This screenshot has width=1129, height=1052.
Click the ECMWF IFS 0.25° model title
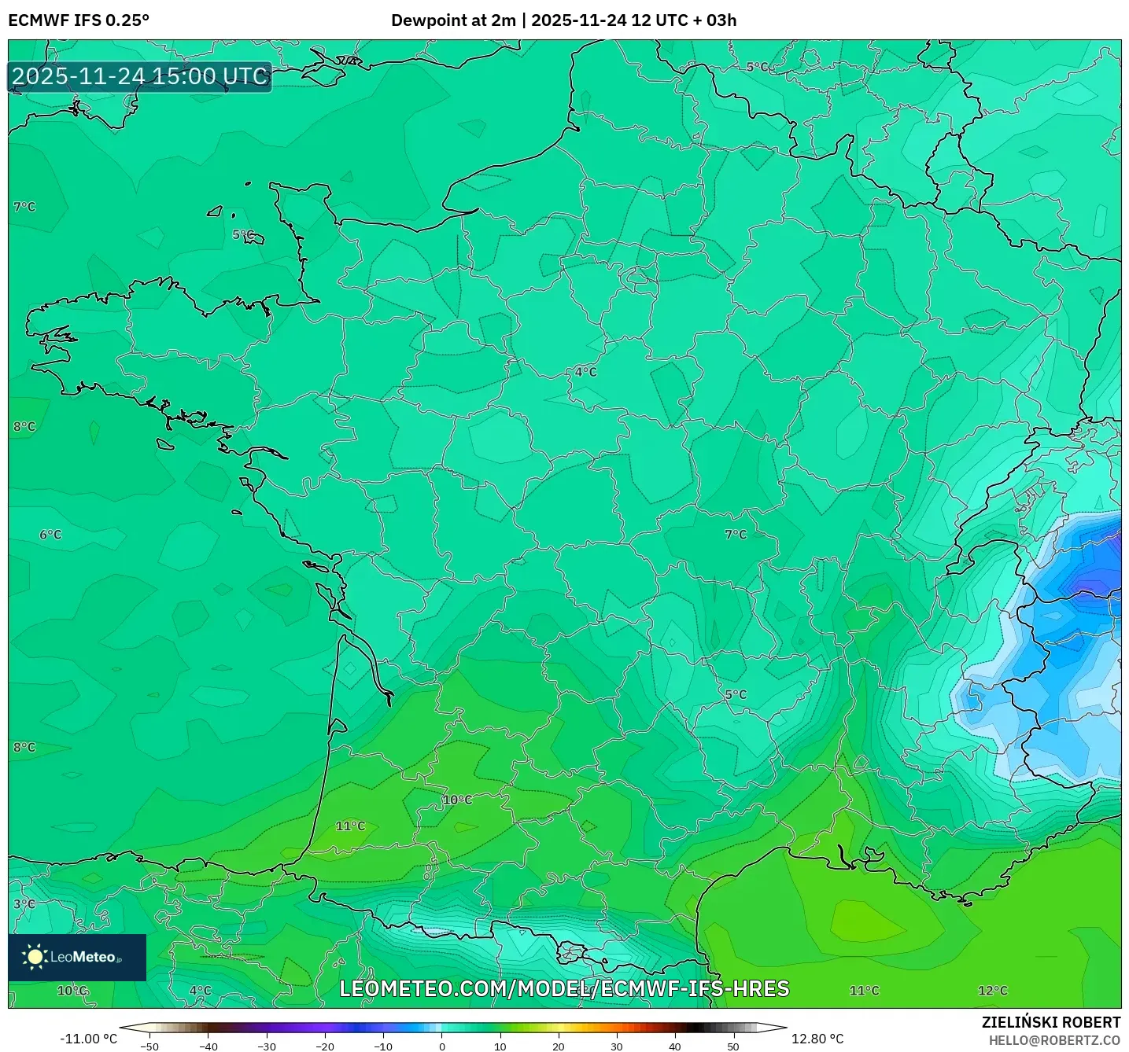(x=79, y=20)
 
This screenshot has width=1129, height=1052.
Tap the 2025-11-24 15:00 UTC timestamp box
(x=140, y=76)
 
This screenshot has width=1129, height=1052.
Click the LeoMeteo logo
(x=77, y=957)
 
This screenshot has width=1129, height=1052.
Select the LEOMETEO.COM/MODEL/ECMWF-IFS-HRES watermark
(x=564, y=988)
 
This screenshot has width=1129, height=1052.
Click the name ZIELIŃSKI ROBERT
(x=1050, y=1022)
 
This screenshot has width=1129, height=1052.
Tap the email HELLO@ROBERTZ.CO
(x=1054, y=1040)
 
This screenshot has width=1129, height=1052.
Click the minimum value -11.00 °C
(x=88, y=1039)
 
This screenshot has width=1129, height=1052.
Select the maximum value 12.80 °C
(x=817, y=1039)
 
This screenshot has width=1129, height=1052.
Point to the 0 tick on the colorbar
(x=442, y=1046)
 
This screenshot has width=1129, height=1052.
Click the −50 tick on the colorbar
(x=149, y=1046)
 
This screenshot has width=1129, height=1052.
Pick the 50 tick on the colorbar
(x=733, y=1046)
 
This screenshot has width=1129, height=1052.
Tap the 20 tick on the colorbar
(x=559, y=1046)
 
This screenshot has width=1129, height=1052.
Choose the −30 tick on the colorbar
(x=266, y=1046)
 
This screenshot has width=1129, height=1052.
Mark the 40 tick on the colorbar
(x=675, y=1046)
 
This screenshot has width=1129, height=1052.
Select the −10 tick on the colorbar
(x=382, y=1046)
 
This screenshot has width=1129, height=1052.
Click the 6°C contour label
(x=50, y=535)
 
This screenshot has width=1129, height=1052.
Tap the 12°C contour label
(x=992, y=991)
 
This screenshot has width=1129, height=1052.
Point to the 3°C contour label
(x=24, y=904)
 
